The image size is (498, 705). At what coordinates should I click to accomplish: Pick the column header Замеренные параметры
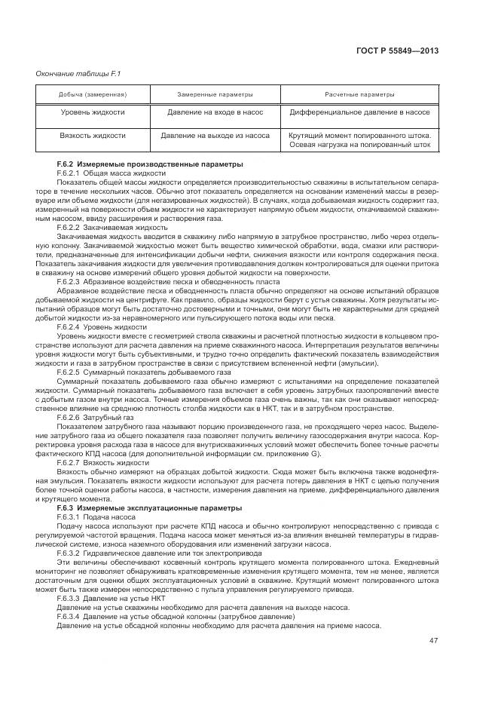click(x=215, y=95)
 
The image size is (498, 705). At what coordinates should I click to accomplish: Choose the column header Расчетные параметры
click(x=359, y=95)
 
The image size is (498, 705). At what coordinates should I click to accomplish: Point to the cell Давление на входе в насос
click(x=215, y=112)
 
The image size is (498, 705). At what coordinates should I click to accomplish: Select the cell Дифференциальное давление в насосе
click(x=359, y=112)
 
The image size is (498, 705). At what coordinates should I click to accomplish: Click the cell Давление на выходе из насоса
click(x=215, y=136)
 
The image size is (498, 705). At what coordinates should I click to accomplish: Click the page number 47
click(x=433, y=640)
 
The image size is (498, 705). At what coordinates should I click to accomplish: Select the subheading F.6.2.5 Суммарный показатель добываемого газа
click(x=138, y=372)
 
